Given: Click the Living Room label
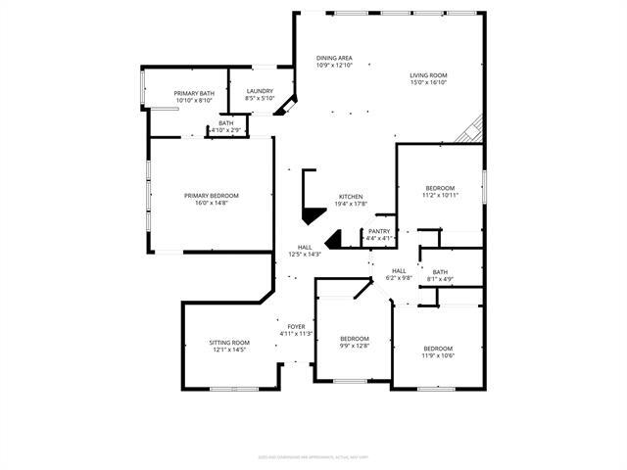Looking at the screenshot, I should click(428, 75).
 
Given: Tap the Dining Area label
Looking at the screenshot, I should click(334, 58).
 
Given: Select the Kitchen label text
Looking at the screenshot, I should click(352, 196).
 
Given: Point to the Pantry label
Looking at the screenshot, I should click(378, 231).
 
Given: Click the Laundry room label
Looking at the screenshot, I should click(259, 91).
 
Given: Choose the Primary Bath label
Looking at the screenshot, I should click(194, 93).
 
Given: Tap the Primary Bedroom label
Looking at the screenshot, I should click(211, 195).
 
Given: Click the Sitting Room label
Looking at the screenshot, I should click(228, 343).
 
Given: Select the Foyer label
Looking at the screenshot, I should click(296, 326).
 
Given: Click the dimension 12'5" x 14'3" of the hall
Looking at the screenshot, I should click(305, 254).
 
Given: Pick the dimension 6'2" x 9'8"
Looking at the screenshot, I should click(399, 278).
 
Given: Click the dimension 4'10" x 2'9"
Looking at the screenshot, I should click(226, 130).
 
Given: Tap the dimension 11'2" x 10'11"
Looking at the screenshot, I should click(440, 196).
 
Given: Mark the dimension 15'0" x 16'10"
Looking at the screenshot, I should click(428, 83).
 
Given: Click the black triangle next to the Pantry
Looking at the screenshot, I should click(333, 238).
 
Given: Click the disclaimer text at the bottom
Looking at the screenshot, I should click(313, 455).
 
